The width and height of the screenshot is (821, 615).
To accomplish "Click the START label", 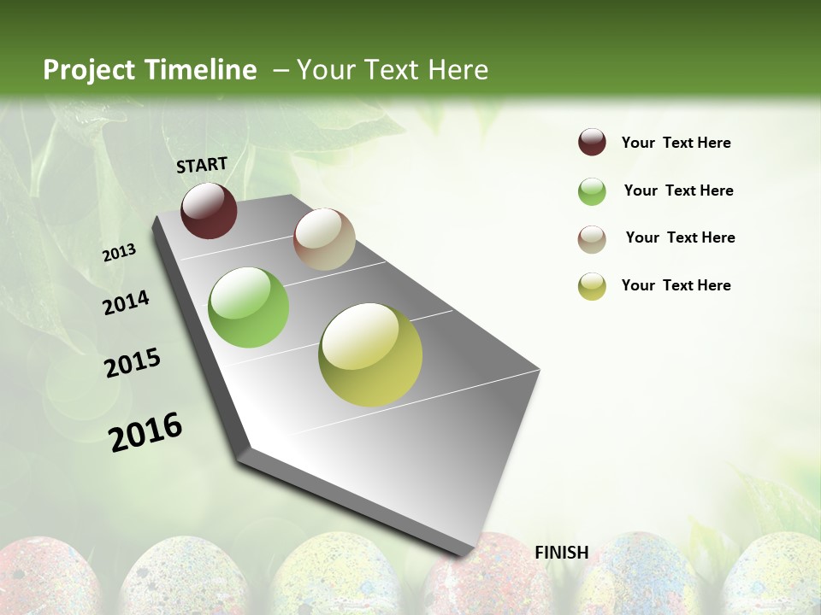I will [202, 165].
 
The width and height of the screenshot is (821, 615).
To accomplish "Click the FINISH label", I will [562, 553].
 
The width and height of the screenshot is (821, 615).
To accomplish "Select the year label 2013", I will [120, 253].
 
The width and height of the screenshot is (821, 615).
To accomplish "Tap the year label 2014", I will [127, 302].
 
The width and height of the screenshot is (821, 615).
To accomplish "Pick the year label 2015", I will [133, 363].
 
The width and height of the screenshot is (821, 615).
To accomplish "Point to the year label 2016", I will [146, 431].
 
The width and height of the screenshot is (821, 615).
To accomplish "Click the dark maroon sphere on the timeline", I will [209, 210].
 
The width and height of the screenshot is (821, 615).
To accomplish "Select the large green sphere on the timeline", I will [249, 307].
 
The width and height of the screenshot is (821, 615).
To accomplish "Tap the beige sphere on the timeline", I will [324, 239].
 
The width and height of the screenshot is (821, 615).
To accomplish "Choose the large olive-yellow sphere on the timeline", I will [370, 354].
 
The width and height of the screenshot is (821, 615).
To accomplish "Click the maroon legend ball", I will [592, 142].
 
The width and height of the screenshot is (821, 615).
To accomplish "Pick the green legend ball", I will [592, 191].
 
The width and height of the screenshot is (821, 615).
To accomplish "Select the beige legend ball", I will [592, 239].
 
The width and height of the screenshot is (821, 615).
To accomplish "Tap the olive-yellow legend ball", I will [592, 286].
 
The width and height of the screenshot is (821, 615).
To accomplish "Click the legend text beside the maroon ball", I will [676, 143].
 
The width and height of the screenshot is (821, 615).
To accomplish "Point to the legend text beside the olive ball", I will [676, 285].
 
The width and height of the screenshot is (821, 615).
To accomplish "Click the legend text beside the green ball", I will [678, 190].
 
